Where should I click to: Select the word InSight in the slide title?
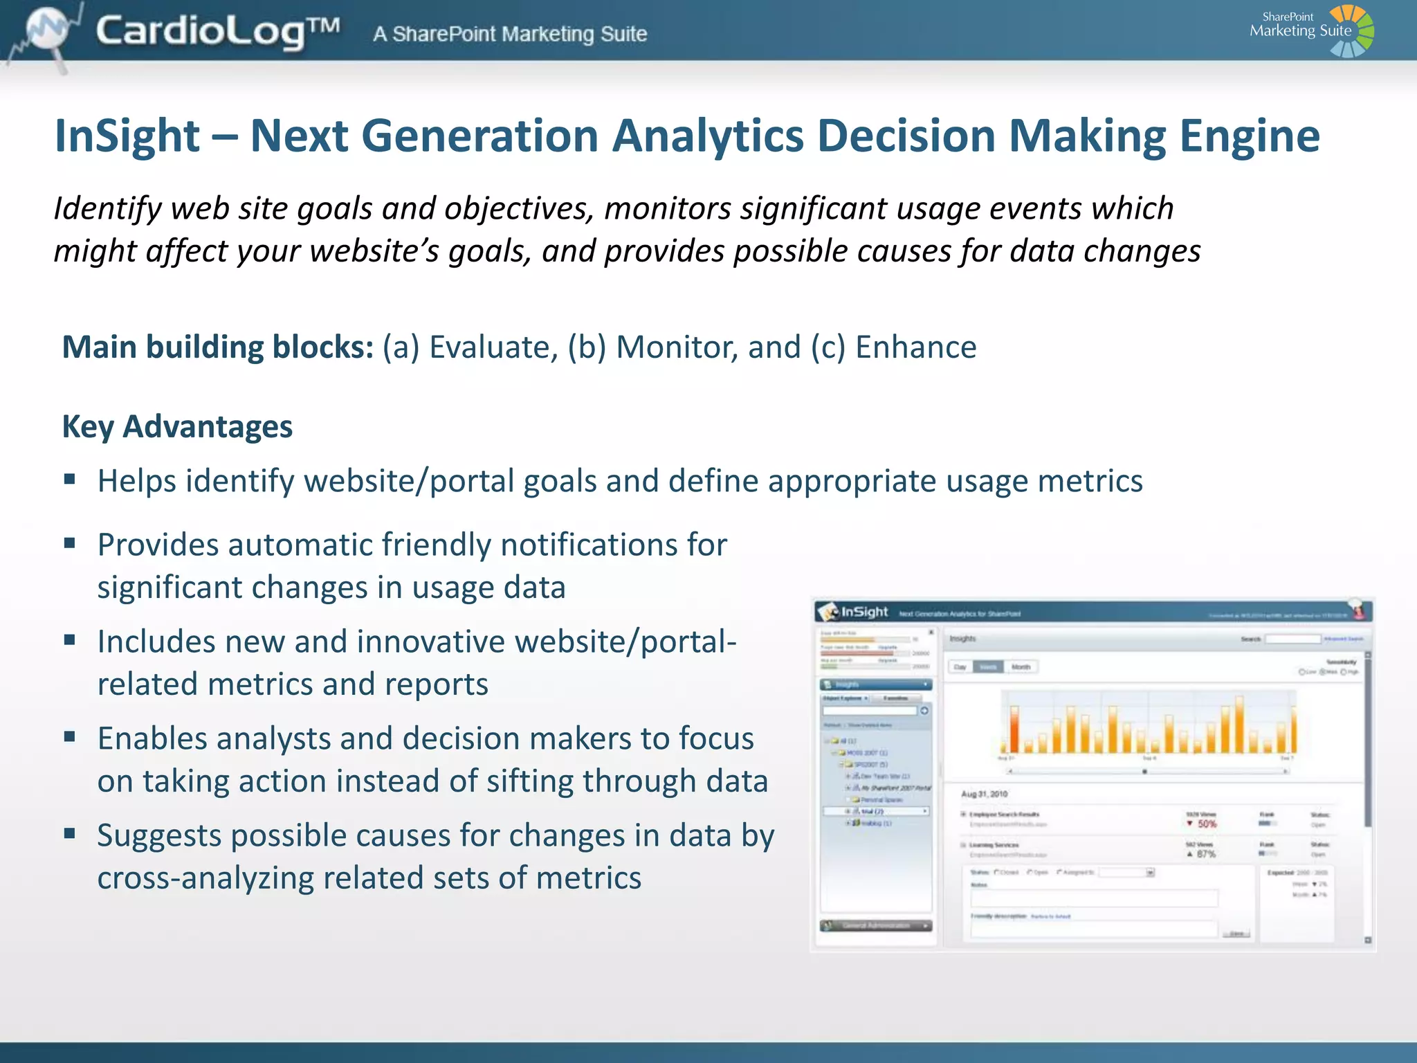coord(127,136)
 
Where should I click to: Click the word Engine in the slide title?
coord(1249,136)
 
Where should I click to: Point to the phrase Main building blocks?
coord(218,347)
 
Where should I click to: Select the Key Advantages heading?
coord(177,426)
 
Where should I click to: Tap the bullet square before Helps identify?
coord(69,479)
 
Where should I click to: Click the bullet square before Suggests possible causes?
coord(69,833)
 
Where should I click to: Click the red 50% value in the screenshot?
coord(1206,824)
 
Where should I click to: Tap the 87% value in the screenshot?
coord(1206,854)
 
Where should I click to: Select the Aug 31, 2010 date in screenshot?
coord(984,794)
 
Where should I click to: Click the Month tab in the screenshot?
coord(1021,667)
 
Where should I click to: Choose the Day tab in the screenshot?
coord(960,667)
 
